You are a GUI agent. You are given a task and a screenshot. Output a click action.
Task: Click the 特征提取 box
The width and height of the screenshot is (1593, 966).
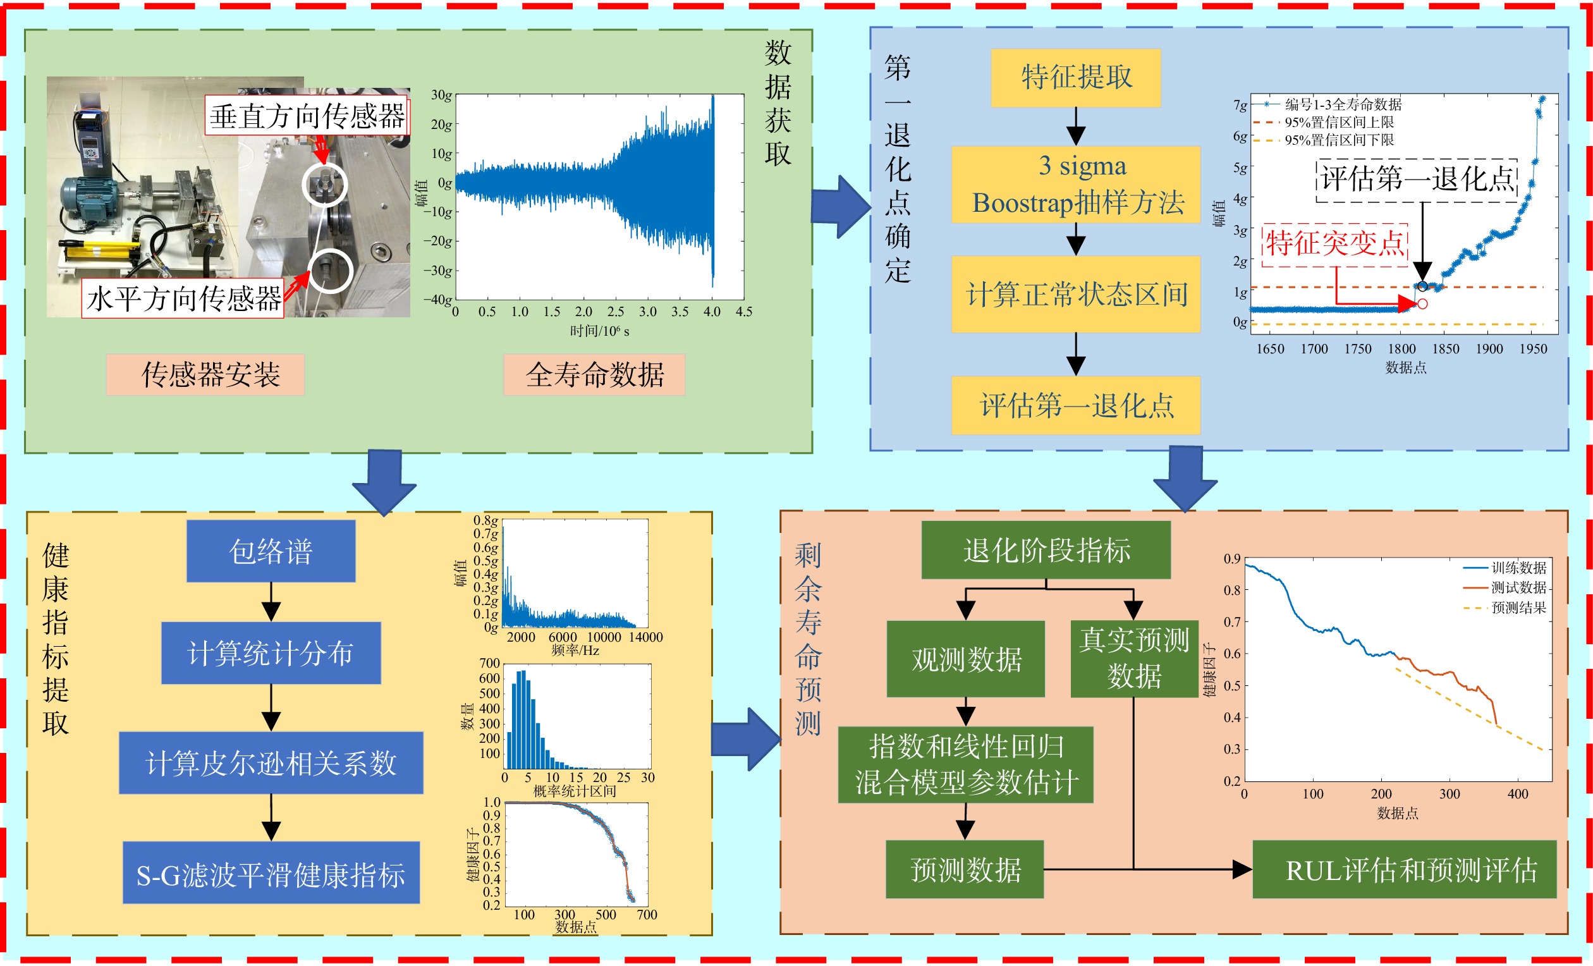point(1076,78)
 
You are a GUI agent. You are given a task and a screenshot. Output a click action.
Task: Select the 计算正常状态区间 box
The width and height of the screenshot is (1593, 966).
point(1076,294)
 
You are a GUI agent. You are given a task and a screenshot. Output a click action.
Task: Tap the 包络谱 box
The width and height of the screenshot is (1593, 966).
point(271,551)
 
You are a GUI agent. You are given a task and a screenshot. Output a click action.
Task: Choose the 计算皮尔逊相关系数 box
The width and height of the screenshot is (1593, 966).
point(271,763)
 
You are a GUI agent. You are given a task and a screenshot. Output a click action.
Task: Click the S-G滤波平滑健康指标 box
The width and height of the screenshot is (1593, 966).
point(271,872)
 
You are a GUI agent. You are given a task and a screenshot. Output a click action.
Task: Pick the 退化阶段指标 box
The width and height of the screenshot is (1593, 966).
point(1046,549)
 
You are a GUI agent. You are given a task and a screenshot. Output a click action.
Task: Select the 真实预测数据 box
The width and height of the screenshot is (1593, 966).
point(1134,658)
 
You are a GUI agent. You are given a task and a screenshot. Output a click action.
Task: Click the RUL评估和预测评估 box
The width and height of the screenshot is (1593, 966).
point(1404,869)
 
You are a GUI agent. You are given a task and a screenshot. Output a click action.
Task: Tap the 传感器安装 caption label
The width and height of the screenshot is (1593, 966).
point(205,374)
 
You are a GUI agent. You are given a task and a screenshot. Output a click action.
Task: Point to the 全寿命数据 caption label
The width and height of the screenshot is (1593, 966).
point(594,374)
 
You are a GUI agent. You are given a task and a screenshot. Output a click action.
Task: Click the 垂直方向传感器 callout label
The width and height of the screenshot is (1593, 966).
point(307,116)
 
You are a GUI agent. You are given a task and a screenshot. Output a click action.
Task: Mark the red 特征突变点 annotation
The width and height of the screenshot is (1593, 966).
point(1335,244)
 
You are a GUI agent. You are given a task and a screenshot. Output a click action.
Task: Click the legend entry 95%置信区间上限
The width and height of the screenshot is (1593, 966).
point(1339,121)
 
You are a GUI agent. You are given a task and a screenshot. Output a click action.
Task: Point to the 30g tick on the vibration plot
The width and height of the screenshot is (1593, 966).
point(442,95)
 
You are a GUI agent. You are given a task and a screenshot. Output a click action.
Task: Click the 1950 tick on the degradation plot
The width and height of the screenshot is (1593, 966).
point(1533,349)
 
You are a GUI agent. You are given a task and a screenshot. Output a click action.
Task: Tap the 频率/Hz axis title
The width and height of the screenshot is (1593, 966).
point(575,651)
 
